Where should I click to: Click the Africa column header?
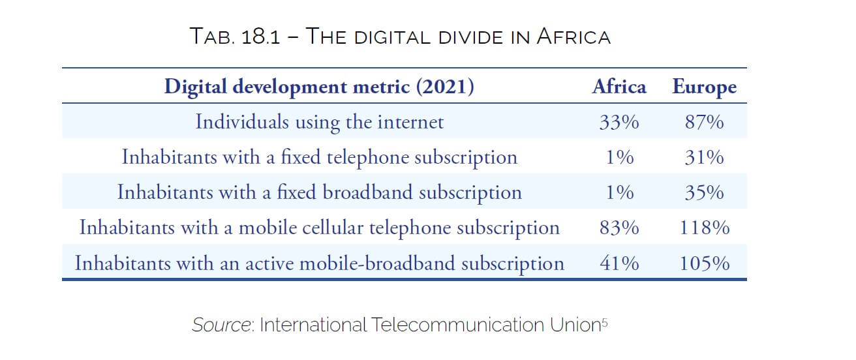pyautogui.click(x=619, y=87)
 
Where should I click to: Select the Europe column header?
pyautogui.click(x=704, y=87)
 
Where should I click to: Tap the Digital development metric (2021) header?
pyautogui.click(x=319, y=87)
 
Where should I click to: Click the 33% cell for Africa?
pyautogui.click(x=619, y=122)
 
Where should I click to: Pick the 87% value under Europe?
pyautogui.click(x=704, y=122)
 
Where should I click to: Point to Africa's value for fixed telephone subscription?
pyautogui.click(x=619, y=157)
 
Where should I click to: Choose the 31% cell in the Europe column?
pyautogui.click(x=704, y=157)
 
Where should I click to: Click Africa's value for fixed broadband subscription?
pyautogui.click(x=619, y=192)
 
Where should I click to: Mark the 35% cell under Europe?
pyautogui.click(x=704, y=192)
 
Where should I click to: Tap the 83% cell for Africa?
pyautogui.click(x=619, y=228)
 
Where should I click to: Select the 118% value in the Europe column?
pyautogui.click(x=704, y=228)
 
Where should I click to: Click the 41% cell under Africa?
pyautogui.click(x=619, y=263)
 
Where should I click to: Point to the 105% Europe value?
pyautogui.click(x=704, y=263)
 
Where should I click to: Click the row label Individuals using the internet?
pyautogui.click(x=319, y=122)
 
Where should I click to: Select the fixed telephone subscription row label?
pyautogui.click(x=319, y=157)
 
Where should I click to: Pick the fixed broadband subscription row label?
pyautogui.click(x=319, y=192)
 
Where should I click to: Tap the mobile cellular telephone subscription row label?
pyautogui.click(x=319, y=228)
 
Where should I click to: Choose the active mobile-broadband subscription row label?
pyautogui.click(x=319, y=263)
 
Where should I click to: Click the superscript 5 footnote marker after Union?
pyautogui.click(x=604, y=321)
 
